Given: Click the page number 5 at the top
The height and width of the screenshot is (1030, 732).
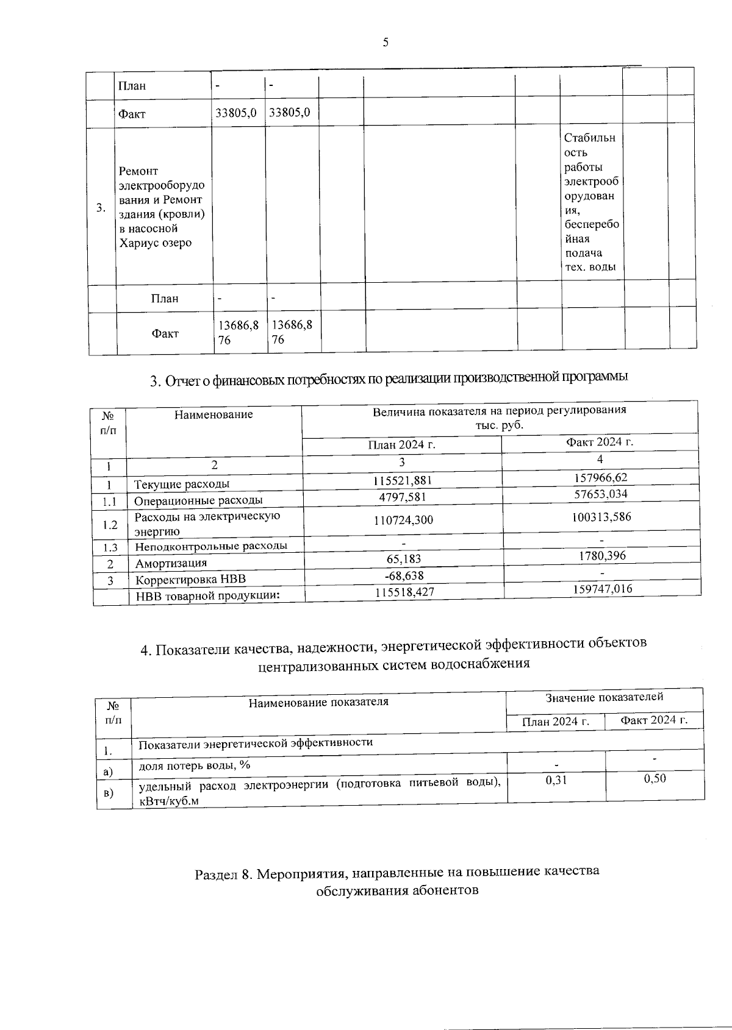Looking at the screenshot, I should pyautogui.click(x=385, y=42).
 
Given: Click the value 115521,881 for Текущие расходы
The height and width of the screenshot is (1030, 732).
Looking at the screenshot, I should pyautogui.click(x=402, y=480).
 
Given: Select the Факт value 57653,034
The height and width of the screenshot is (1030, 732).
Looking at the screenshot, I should pyautogui.click(x=600, y=494).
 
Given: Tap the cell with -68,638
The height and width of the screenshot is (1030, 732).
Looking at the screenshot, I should pyautogui.click(x=402, y=575).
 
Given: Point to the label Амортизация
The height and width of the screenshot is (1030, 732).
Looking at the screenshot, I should pyautogui.click(x=171, y=563).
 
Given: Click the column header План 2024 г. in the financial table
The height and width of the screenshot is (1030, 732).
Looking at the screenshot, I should pyautogui.click(x=401, y=444).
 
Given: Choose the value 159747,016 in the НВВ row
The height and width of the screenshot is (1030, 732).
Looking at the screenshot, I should pyautogui.click(x=600, y=588).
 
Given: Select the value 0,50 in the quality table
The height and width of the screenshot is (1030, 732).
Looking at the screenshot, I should pyautogui.click(x=655, y=779).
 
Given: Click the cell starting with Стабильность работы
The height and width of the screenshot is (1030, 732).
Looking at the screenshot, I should pyautogui.click(x=590, y=202).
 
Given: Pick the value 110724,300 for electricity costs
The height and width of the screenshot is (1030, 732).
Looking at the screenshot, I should pyautogui.click(x=402, y=520).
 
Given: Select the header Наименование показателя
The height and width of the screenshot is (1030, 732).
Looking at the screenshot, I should pyautogui.click(x=318, y=701).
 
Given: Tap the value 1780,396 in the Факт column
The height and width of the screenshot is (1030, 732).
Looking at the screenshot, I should pyautogui.click(x=600, y=555).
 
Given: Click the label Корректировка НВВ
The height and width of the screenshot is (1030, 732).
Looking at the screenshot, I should pyautogui.click(x=190, y=580).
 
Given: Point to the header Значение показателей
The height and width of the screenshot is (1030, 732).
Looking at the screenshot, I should pyautogui.click(x=604, y=697).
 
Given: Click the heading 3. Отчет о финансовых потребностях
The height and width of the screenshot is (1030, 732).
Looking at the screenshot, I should pyautogui.click(x=389, y=379).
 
